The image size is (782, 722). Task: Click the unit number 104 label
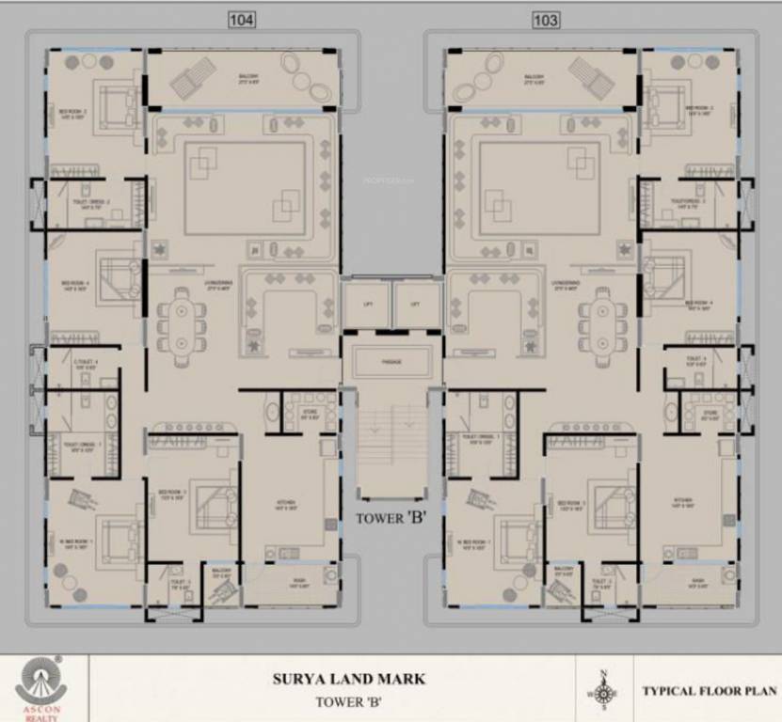(242, 20)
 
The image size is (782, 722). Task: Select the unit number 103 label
(544, 20)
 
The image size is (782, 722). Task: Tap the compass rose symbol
(602, 690)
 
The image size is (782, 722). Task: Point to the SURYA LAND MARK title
(349, 679)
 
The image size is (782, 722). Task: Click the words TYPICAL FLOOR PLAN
(709, 690)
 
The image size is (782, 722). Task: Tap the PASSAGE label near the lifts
(391, 361)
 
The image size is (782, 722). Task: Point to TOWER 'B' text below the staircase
(391, 517)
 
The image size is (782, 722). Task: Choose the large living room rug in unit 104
(245, 188)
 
